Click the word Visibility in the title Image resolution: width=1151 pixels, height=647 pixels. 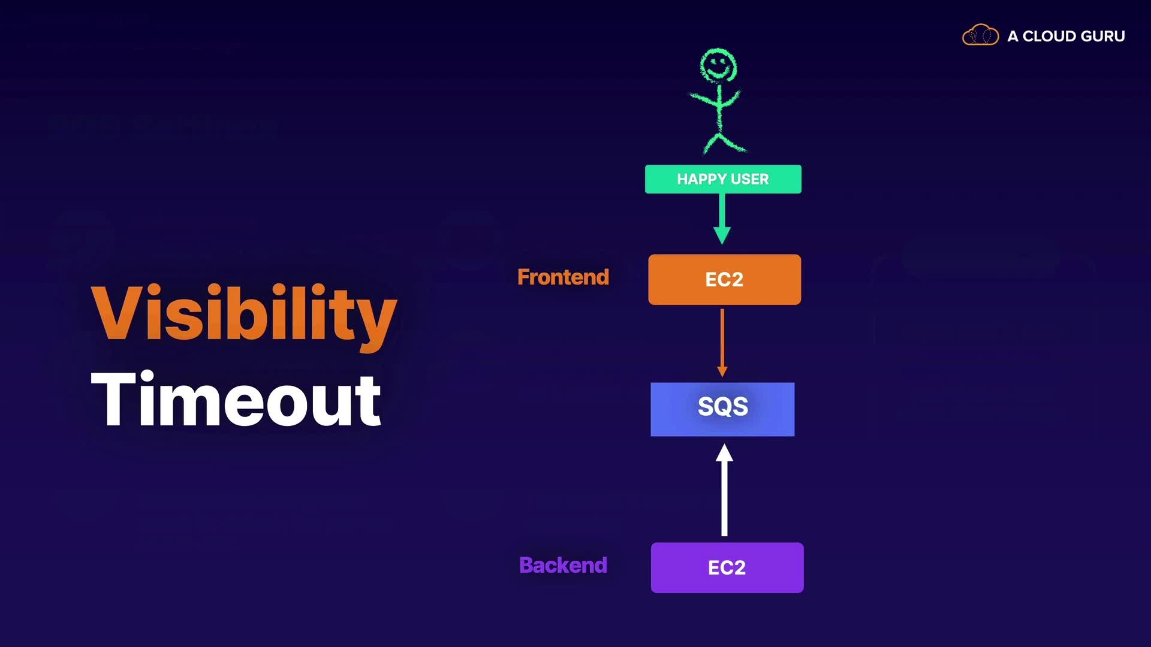(243, 313)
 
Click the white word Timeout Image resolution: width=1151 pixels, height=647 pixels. (236, 400)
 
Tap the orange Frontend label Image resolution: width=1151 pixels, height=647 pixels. (563, 277)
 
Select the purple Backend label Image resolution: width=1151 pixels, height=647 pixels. (563, 566)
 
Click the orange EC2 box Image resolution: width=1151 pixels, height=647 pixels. (724, 280)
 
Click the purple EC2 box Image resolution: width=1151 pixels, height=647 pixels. (727, 568)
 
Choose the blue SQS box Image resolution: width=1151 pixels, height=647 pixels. (722, 409)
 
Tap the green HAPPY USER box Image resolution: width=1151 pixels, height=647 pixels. (722, 179)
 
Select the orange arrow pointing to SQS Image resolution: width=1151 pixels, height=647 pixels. (722, 341)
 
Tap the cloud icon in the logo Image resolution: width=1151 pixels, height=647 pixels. (980, 35)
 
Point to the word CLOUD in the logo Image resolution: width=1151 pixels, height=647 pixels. (1049, 37)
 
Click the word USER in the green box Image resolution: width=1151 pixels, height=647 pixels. (749, 179)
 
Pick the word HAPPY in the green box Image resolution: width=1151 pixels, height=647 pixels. (701, 179)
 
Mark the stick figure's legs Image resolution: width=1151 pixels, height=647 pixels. (724, 143)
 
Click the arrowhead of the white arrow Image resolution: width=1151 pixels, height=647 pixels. (724, 453)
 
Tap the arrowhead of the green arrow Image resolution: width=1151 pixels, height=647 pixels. (722, 235)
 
